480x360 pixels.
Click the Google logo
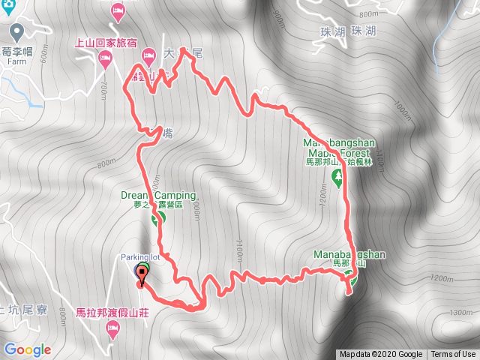[x=27, y=349]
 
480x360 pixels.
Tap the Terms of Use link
[x=453, y=355]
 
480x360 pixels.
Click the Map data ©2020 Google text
[x=380, y=355]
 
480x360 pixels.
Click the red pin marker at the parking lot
[x=141, y=276]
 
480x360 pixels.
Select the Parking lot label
[x=141, y=257]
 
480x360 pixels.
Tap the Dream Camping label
[x=159, y=196]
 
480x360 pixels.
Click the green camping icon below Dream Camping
[x=158, y=219]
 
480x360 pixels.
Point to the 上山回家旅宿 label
[x=115, y=43]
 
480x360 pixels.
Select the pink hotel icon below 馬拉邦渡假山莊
[x=112, y=329]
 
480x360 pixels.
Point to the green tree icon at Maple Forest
[x=337, y=178]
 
